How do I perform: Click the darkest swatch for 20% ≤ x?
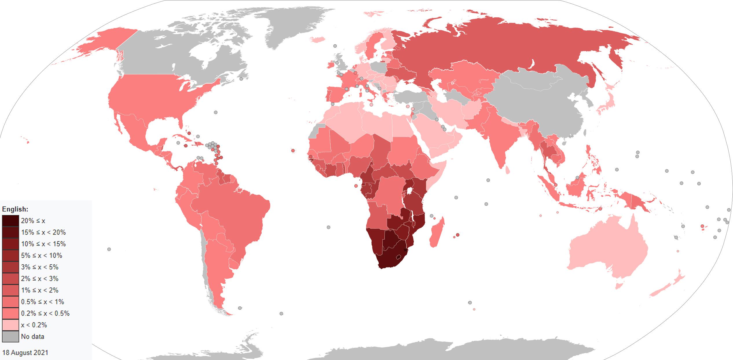point(10,221)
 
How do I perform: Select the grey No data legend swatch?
point(10,337)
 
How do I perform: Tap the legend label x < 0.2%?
point(34,325)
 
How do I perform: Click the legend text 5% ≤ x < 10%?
point(42,255)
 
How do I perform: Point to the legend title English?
point(15,209)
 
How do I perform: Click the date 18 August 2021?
point(25,352)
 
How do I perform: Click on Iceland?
point(319,39)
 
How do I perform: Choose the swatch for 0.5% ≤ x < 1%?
point(10,302)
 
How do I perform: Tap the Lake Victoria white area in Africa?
point(409,191)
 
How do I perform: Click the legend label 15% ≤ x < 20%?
point(43,232)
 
